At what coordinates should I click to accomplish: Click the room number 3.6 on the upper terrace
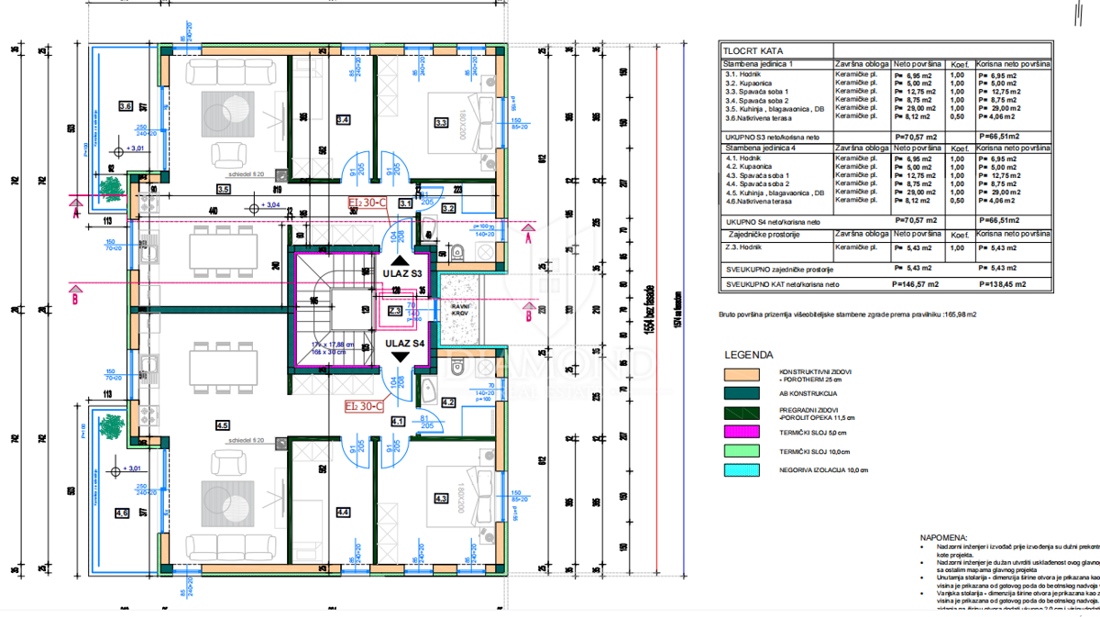[126, 106]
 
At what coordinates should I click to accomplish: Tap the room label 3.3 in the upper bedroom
[440, 122]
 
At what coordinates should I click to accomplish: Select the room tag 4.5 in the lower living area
[222, 425]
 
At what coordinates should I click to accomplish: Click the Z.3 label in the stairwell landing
[394, 311]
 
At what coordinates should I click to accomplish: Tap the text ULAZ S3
[402, 274]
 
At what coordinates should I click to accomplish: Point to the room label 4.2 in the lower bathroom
[449, 402]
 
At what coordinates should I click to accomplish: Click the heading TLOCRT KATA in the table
[753, 52]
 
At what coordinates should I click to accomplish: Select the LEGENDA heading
[748, 354]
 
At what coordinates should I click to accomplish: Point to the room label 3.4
[343, 119]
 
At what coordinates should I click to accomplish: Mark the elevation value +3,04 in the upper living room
[269, 205]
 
